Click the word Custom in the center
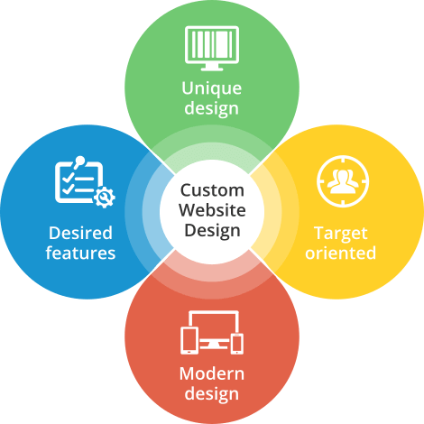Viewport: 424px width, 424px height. pos(212,190)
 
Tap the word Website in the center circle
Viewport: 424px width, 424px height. pos(212,210)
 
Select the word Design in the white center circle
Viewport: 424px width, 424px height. pos(212,231)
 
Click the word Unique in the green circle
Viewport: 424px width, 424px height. pos(212,88)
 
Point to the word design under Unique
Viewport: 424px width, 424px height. pos(212,108)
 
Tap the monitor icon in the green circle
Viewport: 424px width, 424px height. pos(212,48)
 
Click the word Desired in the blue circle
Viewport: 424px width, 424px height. pos(80,233)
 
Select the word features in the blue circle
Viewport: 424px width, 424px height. pos(80,253)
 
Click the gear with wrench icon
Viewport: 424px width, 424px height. pos(104,198)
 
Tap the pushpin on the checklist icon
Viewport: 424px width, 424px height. pos(78,161)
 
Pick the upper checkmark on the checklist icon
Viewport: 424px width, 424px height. pos(68,177)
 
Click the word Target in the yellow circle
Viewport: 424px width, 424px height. pos(341,234)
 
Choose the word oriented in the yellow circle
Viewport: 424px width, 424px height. pos(341,253)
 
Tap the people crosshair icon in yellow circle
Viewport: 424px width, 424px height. pos(343,181)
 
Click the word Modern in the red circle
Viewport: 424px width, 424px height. pos(212,373)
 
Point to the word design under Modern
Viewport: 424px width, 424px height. pos(212,393)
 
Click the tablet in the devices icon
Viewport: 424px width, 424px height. pos(189,341)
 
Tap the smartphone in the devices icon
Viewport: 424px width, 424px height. pos(237,344)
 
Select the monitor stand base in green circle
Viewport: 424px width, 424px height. pos(212,69)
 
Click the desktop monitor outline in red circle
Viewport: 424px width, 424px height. pos(214,313)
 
